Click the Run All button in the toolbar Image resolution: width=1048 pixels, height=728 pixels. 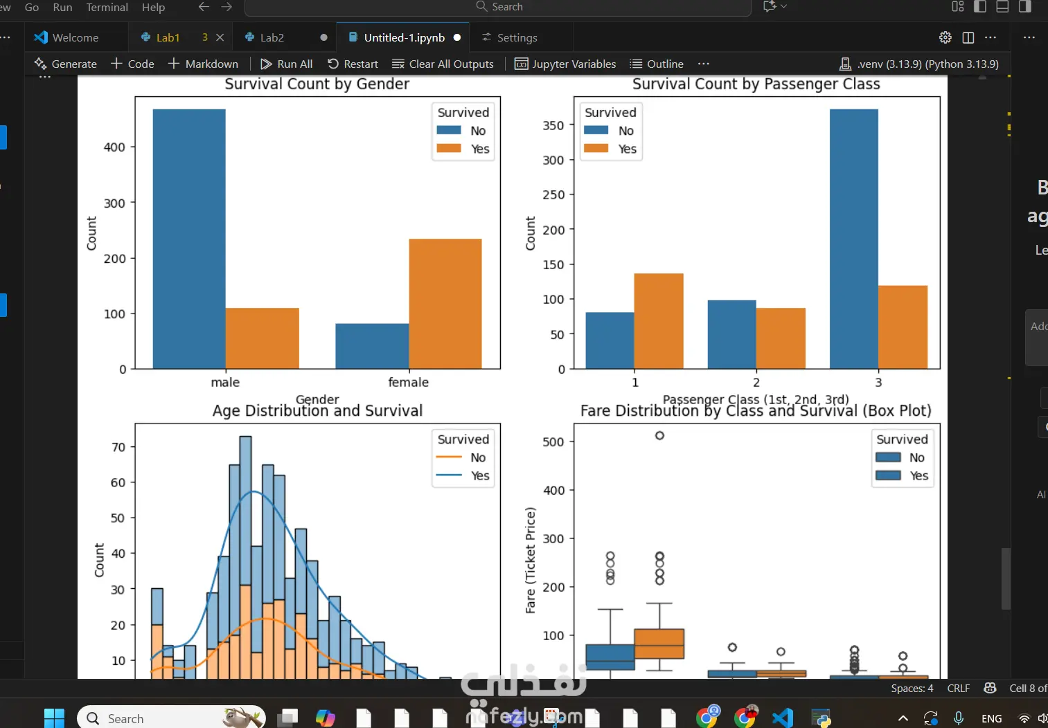[x=287, y=64]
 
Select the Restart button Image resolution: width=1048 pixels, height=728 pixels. [x=353, y=64]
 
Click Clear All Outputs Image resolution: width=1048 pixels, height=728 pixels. [x=443, y=64]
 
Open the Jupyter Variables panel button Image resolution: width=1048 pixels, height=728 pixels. [x=565, y=64]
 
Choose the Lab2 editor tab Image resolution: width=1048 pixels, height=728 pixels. [x=272, y=37]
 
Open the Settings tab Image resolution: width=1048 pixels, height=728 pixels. [x=517, y=37]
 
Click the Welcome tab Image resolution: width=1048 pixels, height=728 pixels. [x=75, y=37]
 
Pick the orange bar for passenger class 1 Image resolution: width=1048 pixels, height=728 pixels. [x=659, y=321]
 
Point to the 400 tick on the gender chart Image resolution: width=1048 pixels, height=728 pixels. [x=114, y=147]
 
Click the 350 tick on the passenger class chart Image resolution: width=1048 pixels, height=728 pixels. [x=553, y=126]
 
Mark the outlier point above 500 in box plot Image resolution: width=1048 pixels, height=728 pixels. [x=659, y=435]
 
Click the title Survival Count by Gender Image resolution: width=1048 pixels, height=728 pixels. [x=317, y=84]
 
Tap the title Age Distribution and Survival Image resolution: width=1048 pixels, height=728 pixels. [x=317, y=411]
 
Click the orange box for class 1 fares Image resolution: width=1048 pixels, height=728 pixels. [x=659, y=644]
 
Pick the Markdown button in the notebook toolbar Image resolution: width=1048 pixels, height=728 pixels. [x=204, y=64]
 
